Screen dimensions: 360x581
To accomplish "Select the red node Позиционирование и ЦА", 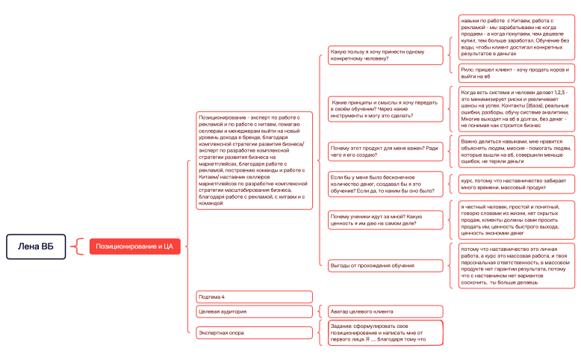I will pos(134,246).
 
